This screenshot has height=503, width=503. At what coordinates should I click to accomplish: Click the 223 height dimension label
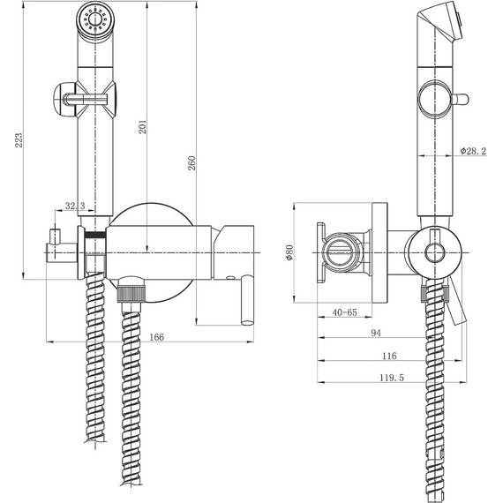coord(19,140)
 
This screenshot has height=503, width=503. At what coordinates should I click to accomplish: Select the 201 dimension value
coord(142,127)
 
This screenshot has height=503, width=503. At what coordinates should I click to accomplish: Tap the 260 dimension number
coord(191,163)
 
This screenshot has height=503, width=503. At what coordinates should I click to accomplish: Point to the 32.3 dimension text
coord(75,206)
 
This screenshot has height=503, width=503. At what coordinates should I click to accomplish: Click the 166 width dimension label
coord(156,337)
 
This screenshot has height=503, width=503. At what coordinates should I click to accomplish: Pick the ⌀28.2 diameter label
coord(473,151)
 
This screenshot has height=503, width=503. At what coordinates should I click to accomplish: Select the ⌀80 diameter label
coord(289,252)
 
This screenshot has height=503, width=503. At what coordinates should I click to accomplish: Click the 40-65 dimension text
coord(344,312)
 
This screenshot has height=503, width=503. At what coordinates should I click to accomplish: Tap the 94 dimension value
coord(376,333)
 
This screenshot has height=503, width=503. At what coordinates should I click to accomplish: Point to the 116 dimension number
coord(389,356)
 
